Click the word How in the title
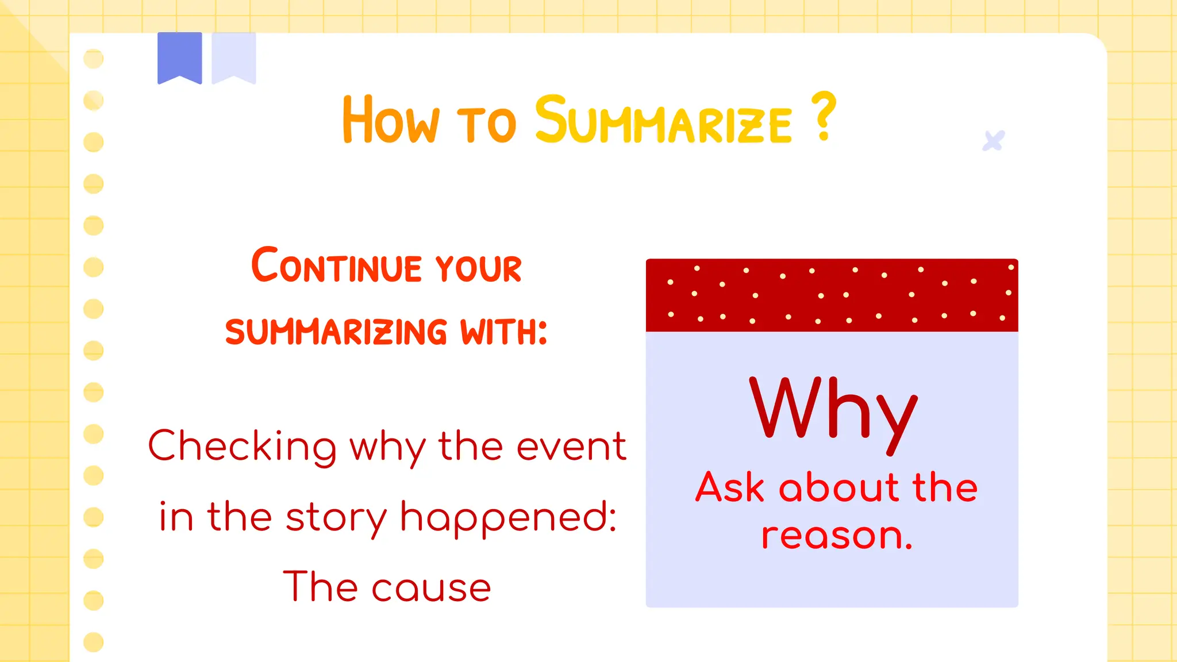pyautogui.click(x=391, y=121)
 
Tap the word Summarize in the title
pyautogui.click(x=663, y=121)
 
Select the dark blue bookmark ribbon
pyautogui.click(x=179, y=56)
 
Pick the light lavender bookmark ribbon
pyautogui.click(x=233, y=56)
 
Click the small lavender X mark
pyautogui.click(x=993, y=141)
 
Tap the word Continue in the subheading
pyautogui.click(x=337, y=266)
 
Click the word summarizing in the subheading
pyautogui.click(x=336, y=332)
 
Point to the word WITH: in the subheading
pyautogui.click(x=503, y=332)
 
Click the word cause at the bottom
pyautogui.click(x=431, y=588)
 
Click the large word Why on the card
pyautogui.click(x=833, y=410)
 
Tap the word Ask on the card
pyautogui.click(x=730, y=488)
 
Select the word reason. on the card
pyautogui.click(x=837, y=536)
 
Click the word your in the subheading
pyautogui.click(x=478, y=268)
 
